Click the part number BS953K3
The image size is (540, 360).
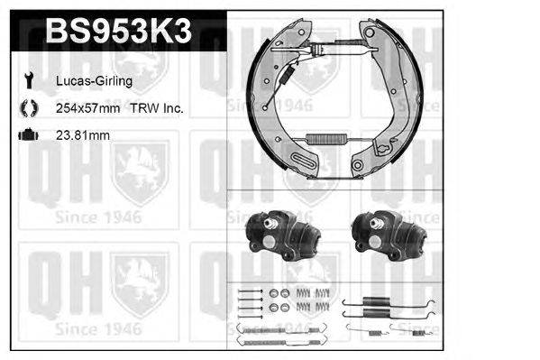pyautogui.click(x=117, y=32)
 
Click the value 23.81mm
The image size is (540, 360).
pyautogui.click(x=81, y=135)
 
